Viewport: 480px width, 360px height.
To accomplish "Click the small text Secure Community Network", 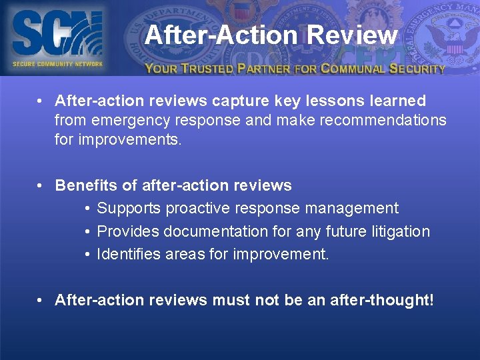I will point(57,64).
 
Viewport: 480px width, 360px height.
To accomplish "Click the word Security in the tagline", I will point(417,68).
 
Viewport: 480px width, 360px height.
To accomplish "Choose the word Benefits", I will point(84,185).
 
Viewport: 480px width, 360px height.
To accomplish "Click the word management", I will point(351,208).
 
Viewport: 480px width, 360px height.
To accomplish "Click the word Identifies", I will point(127,254).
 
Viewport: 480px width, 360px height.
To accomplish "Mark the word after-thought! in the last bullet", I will point(383,300).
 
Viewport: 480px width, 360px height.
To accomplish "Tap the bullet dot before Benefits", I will point(41,185).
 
